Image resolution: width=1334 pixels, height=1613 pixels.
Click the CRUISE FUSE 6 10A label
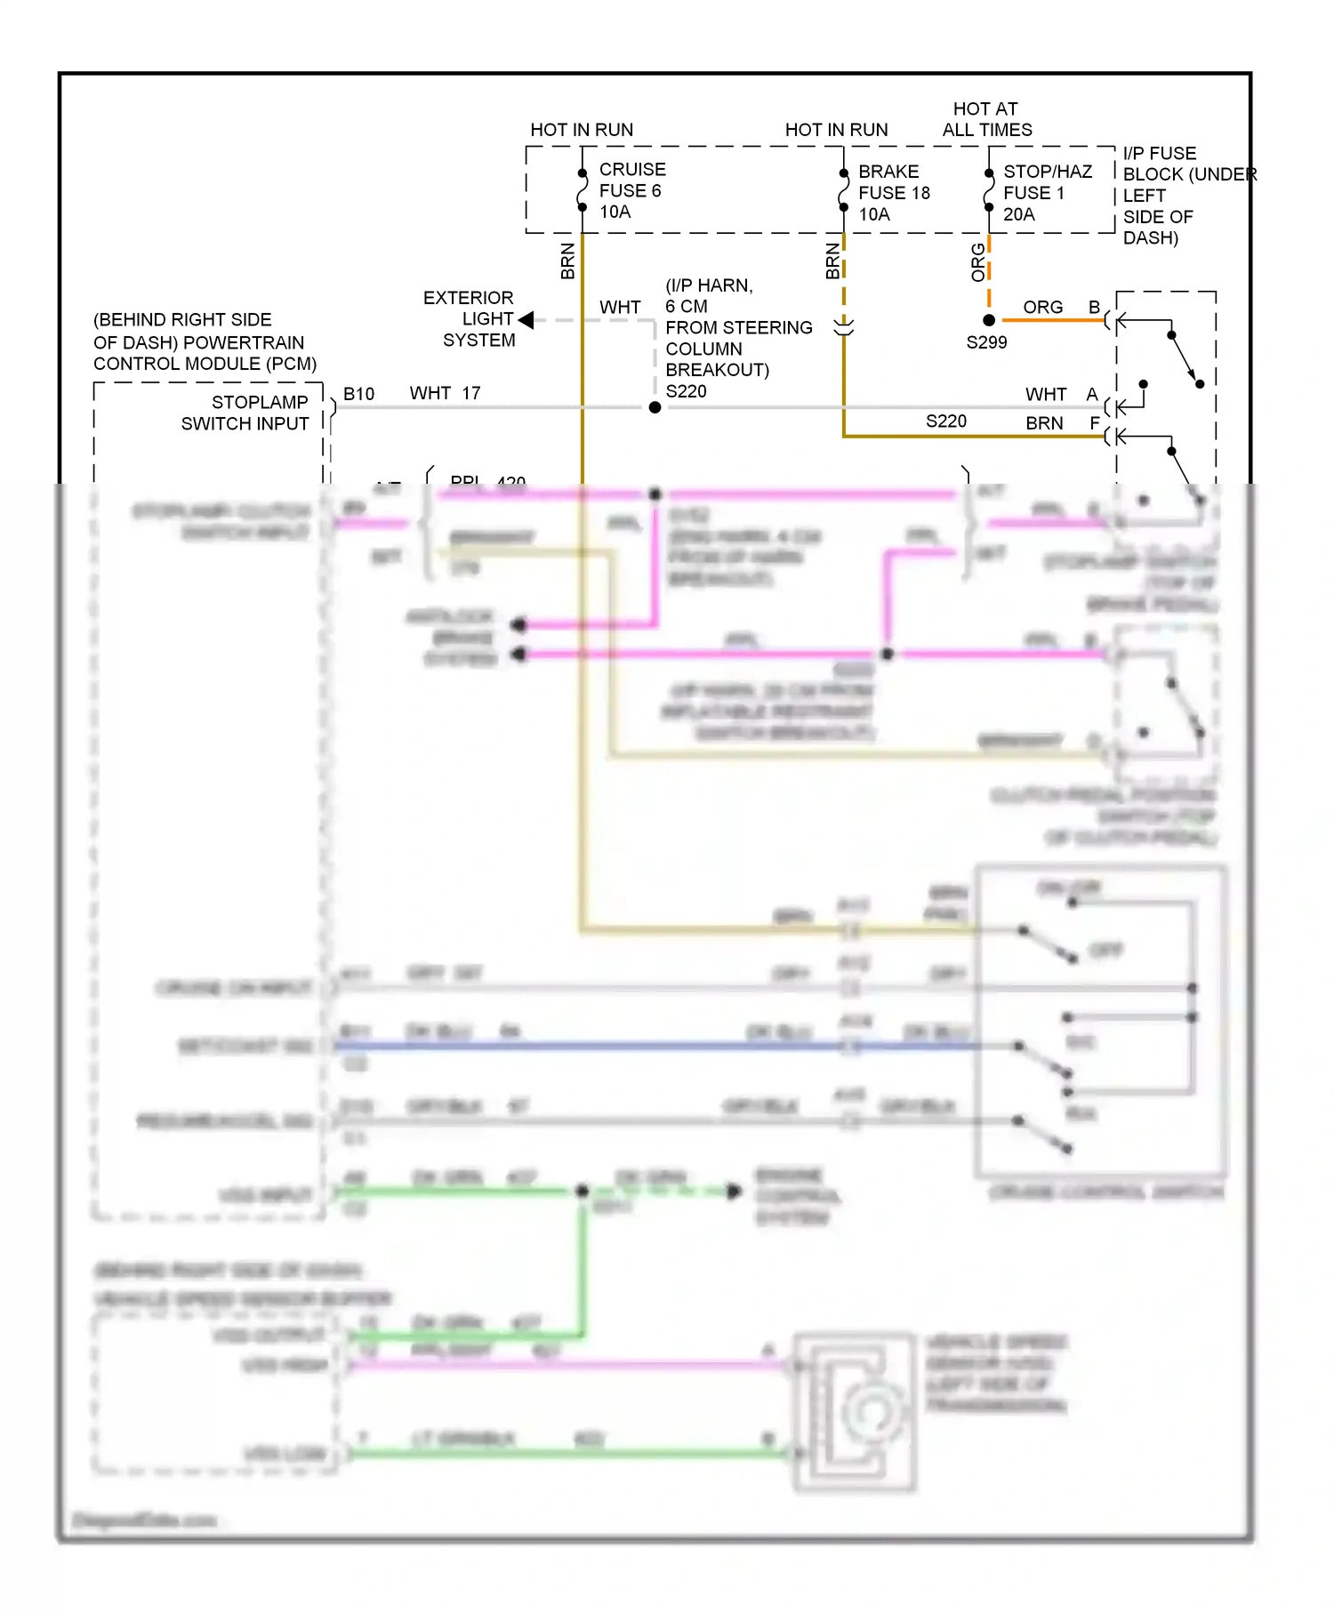631,190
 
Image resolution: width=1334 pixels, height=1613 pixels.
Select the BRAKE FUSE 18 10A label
893,192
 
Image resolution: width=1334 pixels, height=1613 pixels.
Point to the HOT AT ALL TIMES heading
986,119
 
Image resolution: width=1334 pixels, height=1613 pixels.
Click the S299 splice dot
989,320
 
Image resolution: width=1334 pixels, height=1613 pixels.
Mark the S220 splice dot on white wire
655,407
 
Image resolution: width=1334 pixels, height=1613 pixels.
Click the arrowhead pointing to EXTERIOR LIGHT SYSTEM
526,320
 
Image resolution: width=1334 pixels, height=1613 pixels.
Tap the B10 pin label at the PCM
358,394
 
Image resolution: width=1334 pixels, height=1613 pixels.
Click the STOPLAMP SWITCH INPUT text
245,413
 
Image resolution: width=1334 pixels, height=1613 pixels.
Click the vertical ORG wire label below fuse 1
978,263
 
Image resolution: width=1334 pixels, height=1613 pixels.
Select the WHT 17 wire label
445,393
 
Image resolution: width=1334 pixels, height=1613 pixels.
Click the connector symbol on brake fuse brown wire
843,326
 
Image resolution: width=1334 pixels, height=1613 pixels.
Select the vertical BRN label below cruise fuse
567,261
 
